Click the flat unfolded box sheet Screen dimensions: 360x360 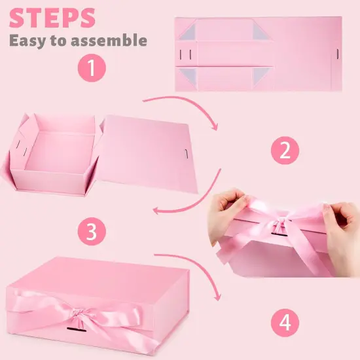tap(261, 54)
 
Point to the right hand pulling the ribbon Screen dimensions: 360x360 tap(337, 219)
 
